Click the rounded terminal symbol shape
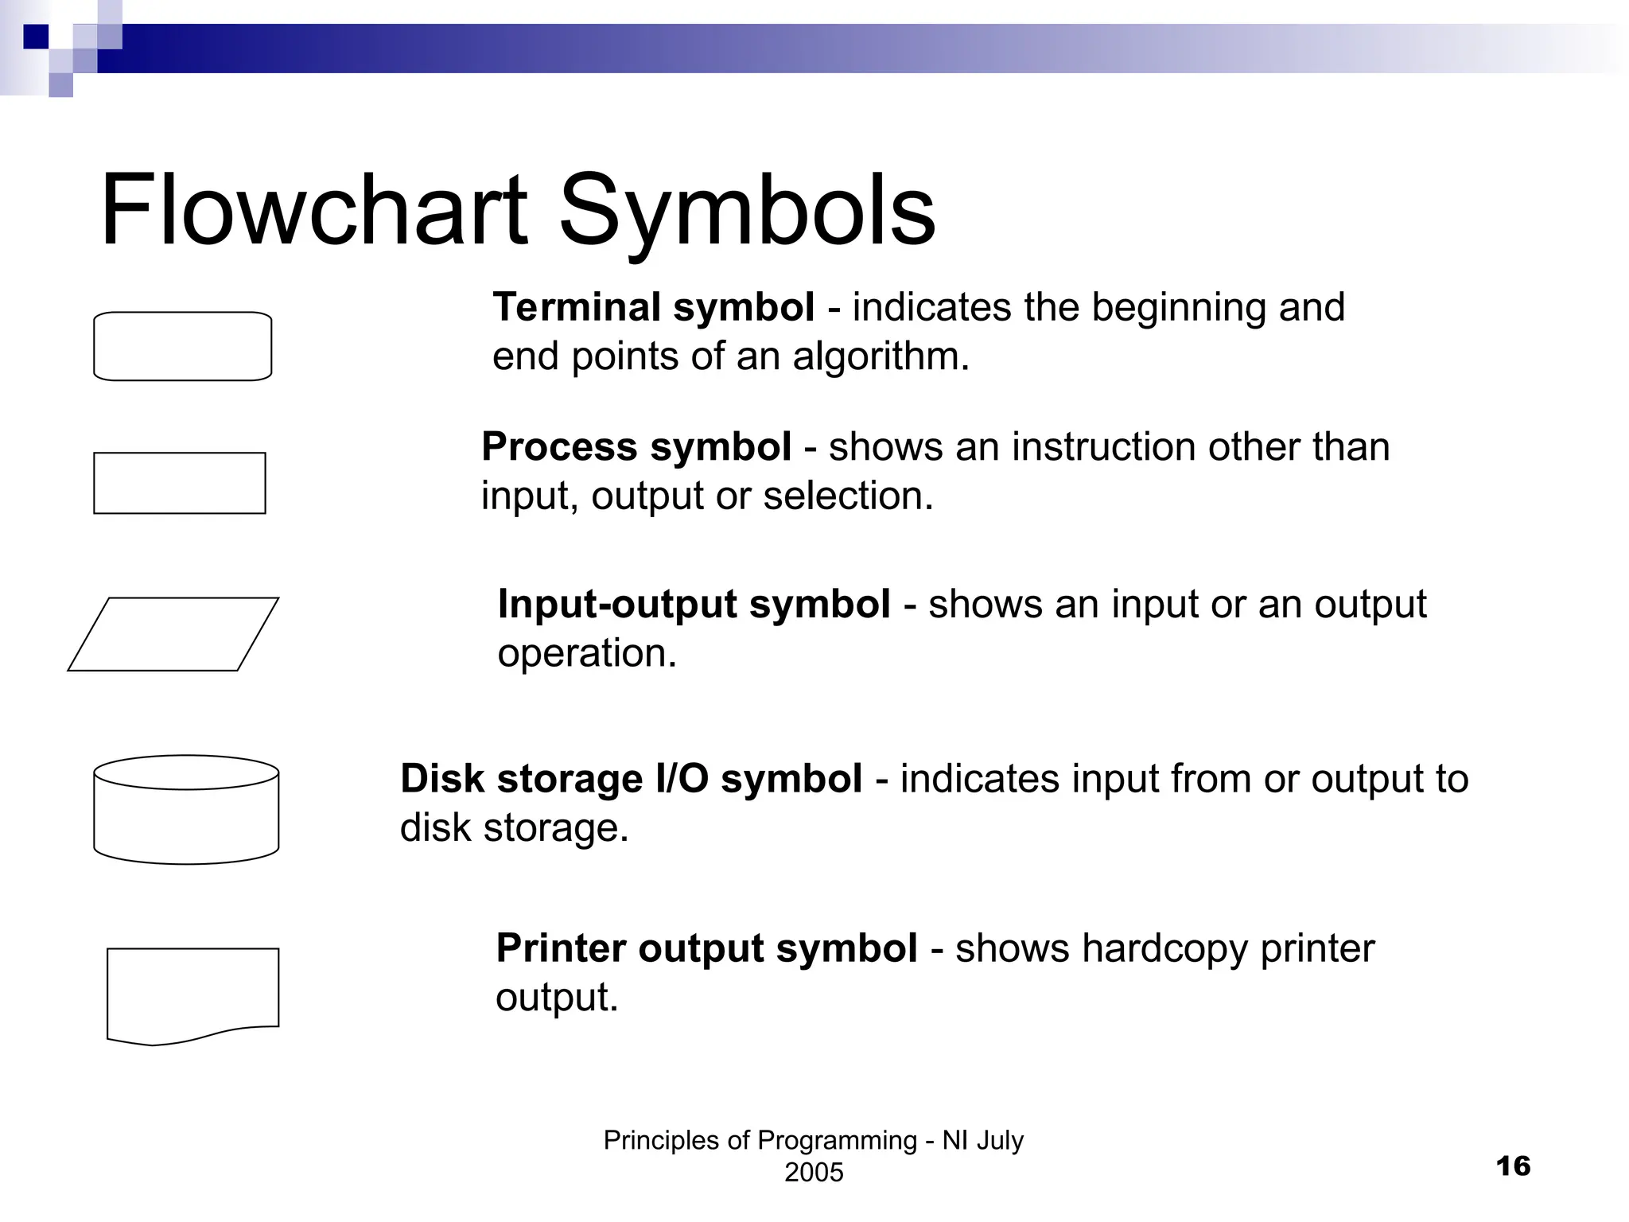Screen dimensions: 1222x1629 click(x=183, y=346)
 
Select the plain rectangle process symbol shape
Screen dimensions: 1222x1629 click(x=180, y=483)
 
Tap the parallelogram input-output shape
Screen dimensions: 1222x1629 click(x=173, y=634)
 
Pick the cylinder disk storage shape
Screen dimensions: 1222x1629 click(x=186, y=810)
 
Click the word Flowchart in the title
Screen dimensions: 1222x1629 click(x=313, y=211)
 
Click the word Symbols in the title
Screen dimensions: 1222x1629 click(x=747, y=211)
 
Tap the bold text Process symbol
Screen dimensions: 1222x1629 click(x=636, y=446)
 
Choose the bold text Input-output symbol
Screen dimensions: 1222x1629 click(x=694, y=604)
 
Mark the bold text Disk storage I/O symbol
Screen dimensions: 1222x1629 click(x=631, y=778)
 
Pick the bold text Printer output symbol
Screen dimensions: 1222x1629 click(x=706, y=948)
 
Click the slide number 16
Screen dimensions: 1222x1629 click(x=1513, y=1166)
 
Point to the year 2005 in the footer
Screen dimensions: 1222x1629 click(x=814, y=1172)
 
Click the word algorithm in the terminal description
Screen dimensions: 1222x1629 click(x=880, y=356)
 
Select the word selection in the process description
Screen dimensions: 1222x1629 click(x=847, y=496)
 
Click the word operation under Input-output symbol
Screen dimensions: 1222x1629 click(x=586, y=653)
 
